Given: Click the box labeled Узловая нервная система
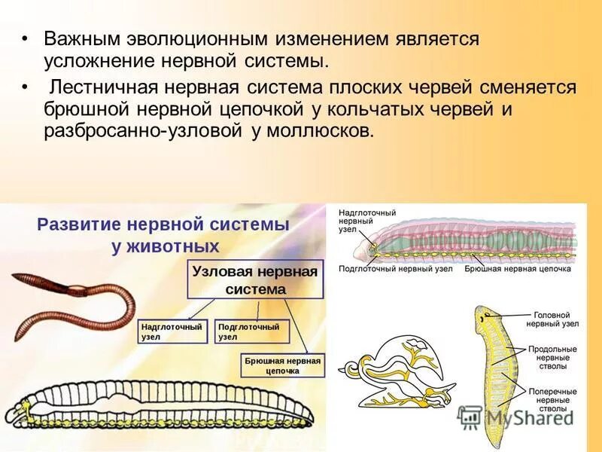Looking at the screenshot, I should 255,280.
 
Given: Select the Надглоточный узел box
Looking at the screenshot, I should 172,332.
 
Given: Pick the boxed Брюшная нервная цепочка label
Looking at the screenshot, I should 282,365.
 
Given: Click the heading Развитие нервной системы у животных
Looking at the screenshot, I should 164,235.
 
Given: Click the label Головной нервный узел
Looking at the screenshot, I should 555,319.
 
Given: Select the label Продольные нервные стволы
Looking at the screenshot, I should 552,358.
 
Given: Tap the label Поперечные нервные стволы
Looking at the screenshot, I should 552,400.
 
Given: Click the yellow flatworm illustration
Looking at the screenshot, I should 495,377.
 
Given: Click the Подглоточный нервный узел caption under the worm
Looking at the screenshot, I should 395,268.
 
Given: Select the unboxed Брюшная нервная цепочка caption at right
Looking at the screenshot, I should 518,268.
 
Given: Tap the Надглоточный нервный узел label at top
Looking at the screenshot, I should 357,221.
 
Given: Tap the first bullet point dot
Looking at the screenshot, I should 25,38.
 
